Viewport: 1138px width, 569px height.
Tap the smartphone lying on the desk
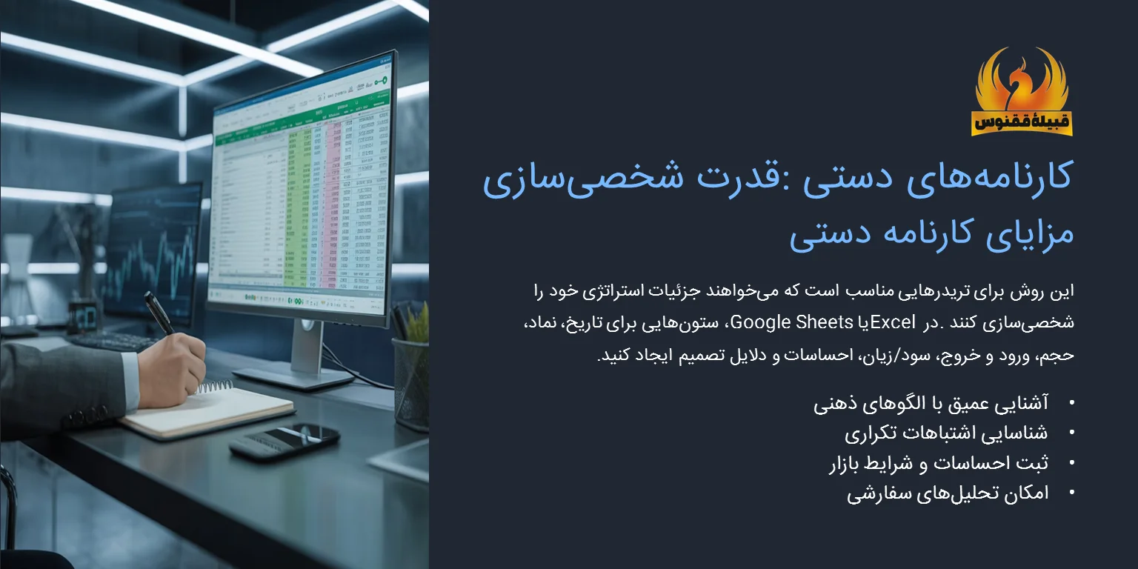284,442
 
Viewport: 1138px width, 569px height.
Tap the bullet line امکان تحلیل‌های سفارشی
948,493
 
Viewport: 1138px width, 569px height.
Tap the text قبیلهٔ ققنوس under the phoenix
1022,122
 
